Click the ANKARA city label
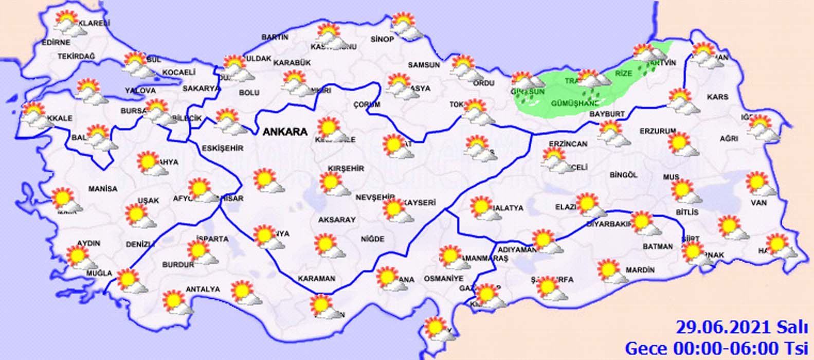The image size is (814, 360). click(x=285, y=132)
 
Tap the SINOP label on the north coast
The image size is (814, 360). click(x=382, y=40)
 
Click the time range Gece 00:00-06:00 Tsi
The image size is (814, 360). click(x=716, y=348)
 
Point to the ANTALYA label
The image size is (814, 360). click(x=203, y=290)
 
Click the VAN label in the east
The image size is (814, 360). click(x=758, y=203)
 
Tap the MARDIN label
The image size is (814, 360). click(x=640, y=270)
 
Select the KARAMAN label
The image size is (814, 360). click(x=316, y=279)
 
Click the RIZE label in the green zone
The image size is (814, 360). click(x=624, y=74)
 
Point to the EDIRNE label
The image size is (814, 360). click(x=56, y=42)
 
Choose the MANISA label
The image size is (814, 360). click(x=103, y=189)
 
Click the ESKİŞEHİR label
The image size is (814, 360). click(x=222, y=149)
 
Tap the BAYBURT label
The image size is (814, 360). click(x=607, y=113)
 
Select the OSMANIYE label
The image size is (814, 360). click(x=443, y=278)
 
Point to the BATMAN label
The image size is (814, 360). click(x=657, y=246)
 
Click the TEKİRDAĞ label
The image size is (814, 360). click(x=77, y=56)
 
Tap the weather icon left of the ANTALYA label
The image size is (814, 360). click(x=176, y=302)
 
